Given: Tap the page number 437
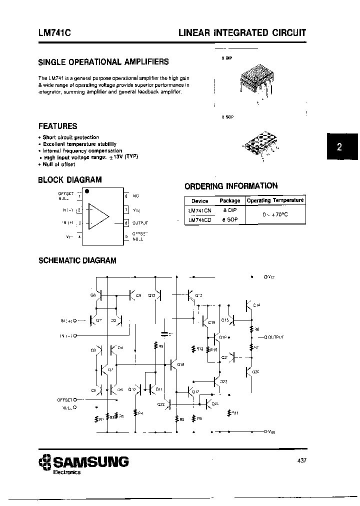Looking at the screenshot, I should pyautogui.click(x=301, y=460).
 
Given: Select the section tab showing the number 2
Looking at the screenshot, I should pyautogui.click(x=339, y=147).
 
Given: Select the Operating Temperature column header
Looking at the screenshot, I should pyautogui.click(x=275, y=200).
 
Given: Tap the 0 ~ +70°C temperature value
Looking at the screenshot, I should pyautogui.click(x=275, y=215).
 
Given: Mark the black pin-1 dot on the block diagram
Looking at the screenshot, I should pyautogui.click(x=86, y=191).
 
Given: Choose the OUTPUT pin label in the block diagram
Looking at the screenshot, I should pyautogui.click(x=140, y=223).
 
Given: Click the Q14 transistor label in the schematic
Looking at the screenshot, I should pyautogui.click(x=256, y=305).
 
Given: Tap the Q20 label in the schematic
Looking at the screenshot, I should pyautogui.click(x=256, y=371).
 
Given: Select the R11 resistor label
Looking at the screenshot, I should pyautogui.click(x=235, y=413).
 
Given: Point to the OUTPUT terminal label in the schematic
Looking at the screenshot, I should pyautogui.click(x=275, y=337).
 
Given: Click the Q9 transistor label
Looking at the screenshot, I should pyautogui.click(x=138, y=295).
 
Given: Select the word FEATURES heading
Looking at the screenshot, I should pyautogui.click(x=58, y=126).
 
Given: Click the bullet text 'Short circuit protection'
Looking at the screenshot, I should pyautogui.click(x=70, y=137).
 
